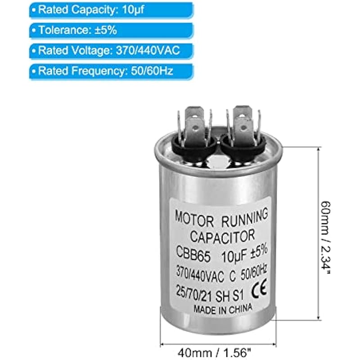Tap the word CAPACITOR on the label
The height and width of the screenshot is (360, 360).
(223, 235)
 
